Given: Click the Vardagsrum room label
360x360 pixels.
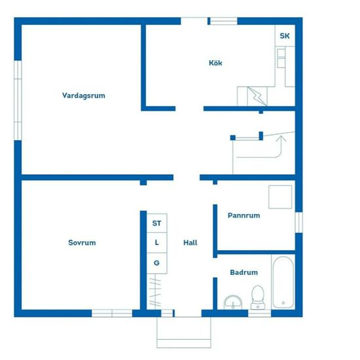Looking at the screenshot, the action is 84,96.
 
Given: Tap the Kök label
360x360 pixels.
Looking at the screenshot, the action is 215,63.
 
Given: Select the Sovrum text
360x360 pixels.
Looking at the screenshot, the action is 82,242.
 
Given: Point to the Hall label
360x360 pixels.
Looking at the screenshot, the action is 190,242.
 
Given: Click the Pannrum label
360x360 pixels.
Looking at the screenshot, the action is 244,215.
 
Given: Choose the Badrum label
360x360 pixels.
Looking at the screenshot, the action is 244,272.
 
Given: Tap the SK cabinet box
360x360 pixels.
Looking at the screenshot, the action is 285,35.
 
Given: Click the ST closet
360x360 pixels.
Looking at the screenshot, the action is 157,223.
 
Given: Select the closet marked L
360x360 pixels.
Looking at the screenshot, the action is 157,243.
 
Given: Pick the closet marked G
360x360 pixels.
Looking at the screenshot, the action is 157,263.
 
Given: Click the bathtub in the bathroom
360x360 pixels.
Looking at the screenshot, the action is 283,282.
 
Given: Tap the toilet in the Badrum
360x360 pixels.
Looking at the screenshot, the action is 258,298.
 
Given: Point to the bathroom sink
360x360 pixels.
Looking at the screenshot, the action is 233,302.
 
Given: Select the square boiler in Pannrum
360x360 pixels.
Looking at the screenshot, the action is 280,197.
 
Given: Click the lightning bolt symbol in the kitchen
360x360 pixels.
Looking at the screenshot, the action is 257,96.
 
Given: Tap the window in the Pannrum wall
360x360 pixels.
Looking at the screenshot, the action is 298,223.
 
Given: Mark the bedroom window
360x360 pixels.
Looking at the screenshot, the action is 112,313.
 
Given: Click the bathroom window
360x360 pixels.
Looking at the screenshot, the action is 259,313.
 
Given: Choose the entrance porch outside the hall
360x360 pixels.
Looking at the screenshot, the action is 184,333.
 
